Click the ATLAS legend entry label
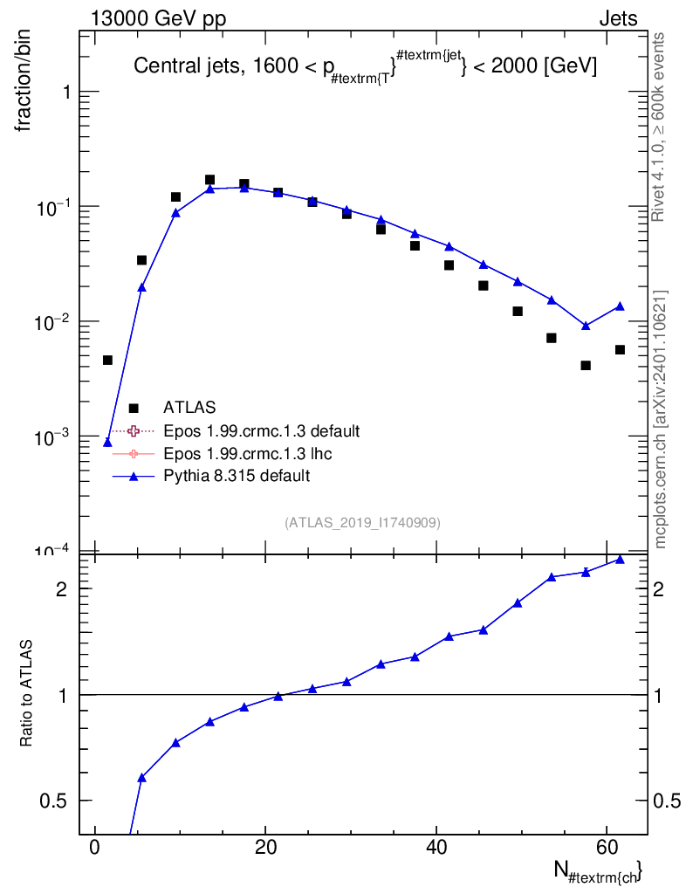coord(189,407)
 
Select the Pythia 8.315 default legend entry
coord(237,476)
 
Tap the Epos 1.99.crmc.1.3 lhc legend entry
coord(247,453)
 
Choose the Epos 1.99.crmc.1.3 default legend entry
coord(262,430)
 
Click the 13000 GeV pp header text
coord(158,18)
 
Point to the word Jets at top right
coord(618,19)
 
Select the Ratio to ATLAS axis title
coord(25,693)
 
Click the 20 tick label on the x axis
coord(265,847)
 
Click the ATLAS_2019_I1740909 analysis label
coord(362,523)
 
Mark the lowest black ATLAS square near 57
coord(586,366)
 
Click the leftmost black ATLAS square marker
coord(107,360)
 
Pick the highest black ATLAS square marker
coord(209,180)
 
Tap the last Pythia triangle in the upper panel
coord(620,306)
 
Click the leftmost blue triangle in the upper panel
coord(107,443)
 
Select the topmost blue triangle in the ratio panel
coord(620,560)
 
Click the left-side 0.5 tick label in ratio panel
coord(53,801)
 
